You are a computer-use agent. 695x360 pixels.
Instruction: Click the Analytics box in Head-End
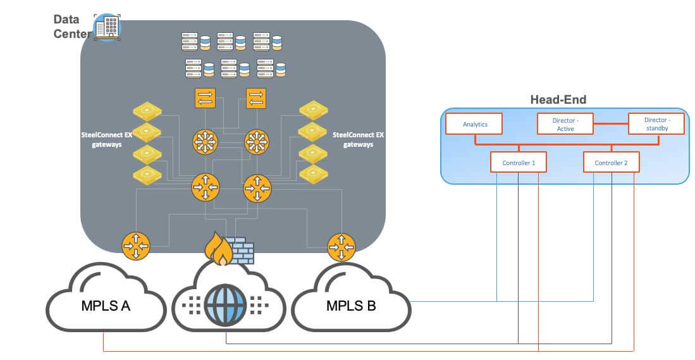(474, 124)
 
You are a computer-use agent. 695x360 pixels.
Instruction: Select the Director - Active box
(564, 124)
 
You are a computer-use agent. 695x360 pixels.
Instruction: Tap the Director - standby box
(656, 124)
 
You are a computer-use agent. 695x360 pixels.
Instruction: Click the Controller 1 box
(519, 163)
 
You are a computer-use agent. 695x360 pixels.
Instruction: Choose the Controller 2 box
(611, 163)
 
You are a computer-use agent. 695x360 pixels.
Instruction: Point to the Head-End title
(558, 99)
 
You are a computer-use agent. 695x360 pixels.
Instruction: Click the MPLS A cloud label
(106, 307)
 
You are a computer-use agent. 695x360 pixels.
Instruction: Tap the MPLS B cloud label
(351, 307)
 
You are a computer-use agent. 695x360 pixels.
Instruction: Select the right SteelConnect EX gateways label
(357, 139)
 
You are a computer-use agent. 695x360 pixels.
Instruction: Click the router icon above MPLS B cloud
(341, 246)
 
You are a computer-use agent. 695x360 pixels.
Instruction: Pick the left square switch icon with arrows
(206, 98)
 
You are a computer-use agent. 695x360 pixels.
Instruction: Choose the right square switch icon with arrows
(256, 98)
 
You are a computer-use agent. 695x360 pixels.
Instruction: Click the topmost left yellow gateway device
(147, 111)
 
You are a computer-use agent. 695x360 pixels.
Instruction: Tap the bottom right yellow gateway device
(314, 173)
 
